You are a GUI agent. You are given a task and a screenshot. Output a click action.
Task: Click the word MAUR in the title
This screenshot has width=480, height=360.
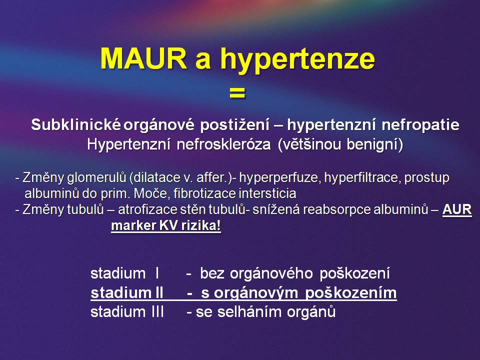pos(143,58)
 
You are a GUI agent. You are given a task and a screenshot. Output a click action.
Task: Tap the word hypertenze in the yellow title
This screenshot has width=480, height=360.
pos(297,60)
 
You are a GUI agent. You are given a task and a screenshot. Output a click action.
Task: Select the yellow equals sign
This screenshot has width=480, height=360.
pos(237,93)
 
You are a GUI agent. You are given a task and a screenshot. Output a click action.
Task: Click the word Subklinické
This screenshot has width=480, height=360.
pos(76,124)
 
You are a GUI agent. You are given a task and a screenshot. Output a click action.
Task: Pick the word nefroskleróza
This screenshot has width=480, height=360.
pos(224,144)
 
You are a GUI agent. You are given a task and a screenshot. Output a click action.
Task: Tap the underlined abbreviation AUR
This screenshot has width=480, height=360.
pos(457,209)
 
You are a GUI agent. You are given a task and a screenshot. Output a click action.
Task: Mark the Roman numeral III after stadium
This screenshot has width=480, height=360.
pos(157,312)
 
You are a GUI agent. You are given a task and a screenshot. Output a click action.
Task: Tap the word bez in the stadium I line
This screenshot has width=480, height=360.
pos(212,273)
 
